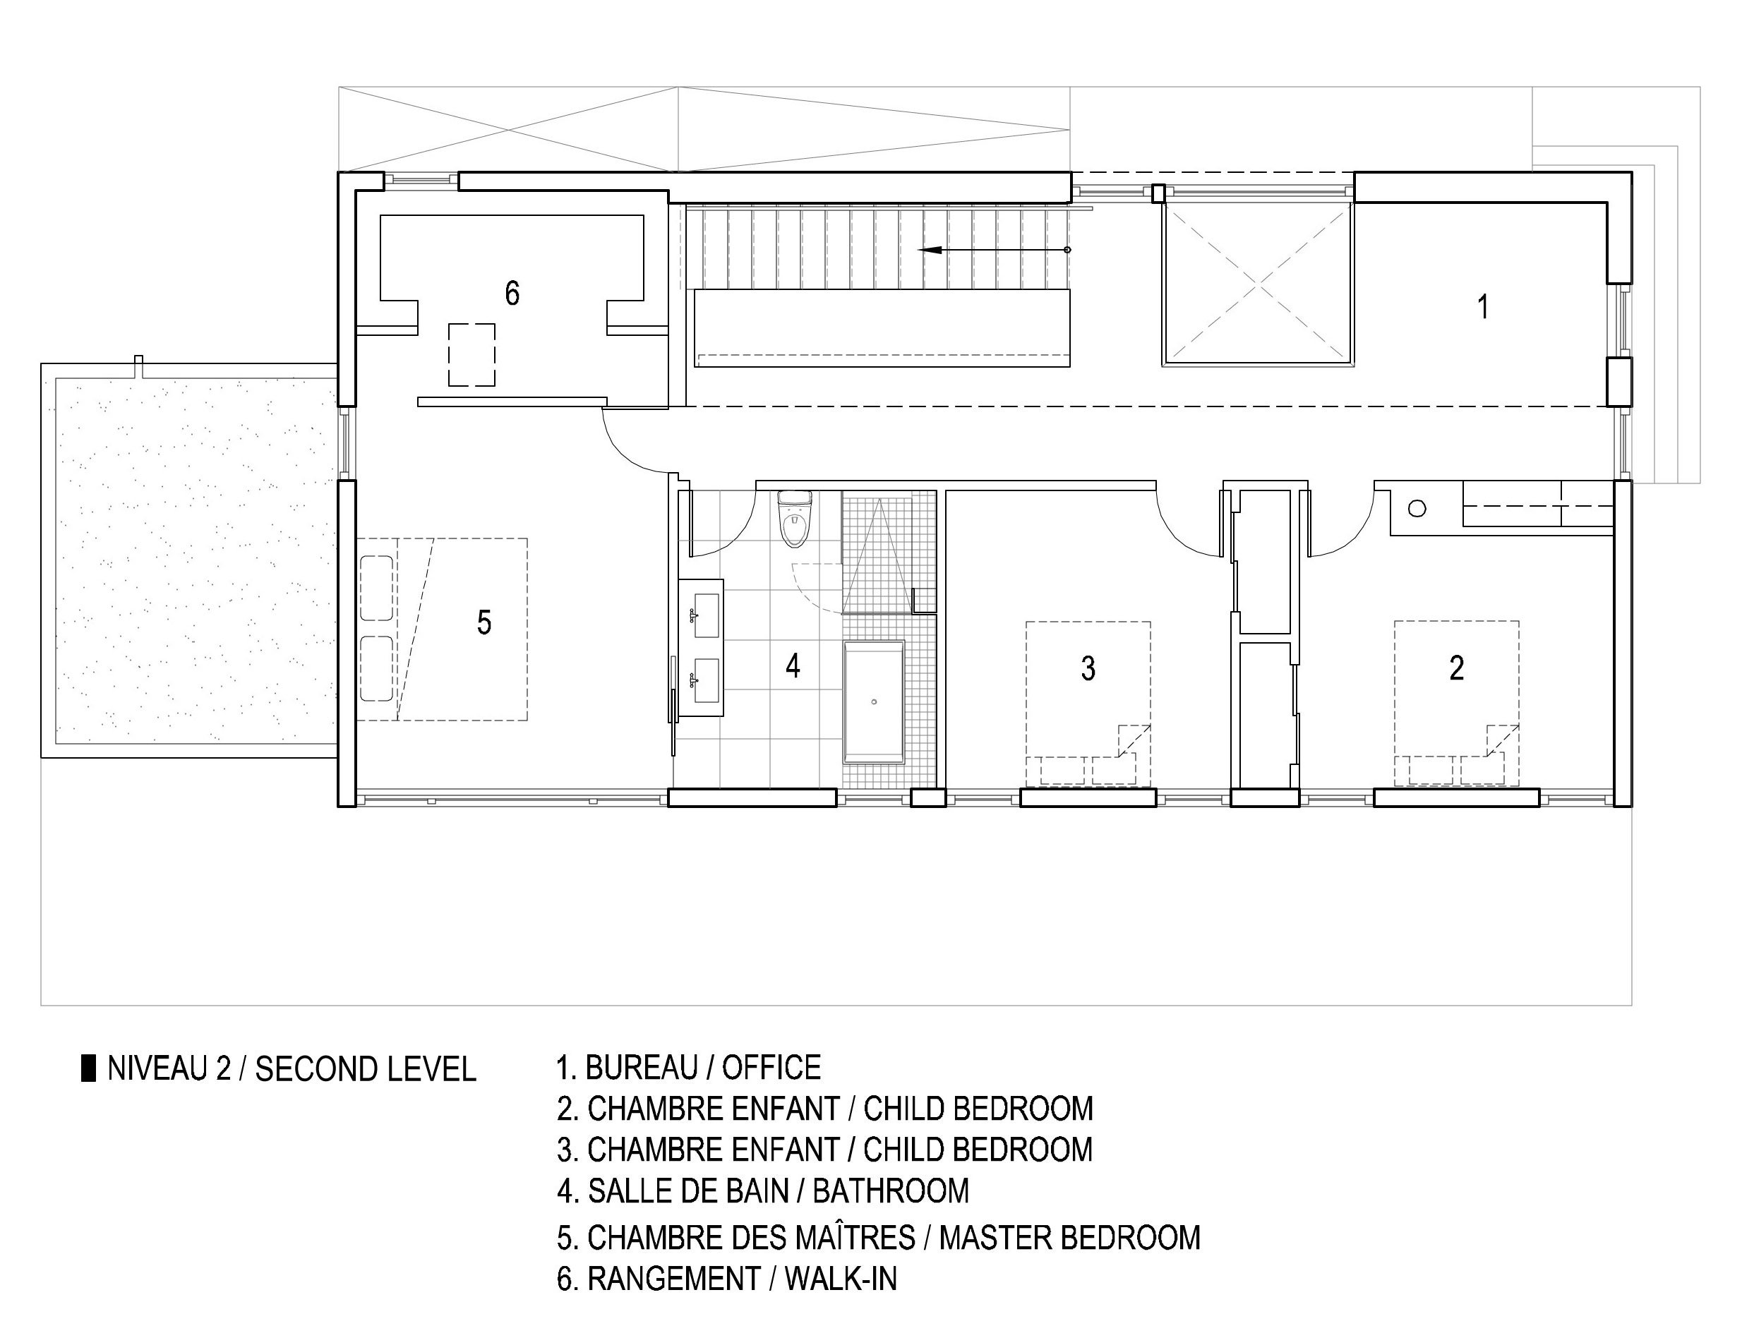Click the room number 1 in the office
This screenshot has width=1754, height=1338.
pos(1482,306)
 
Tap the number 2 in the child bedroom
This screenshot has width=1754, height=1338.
pos(1456,668)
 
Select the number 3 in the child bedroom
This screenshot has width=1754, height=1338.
pos(1088,668)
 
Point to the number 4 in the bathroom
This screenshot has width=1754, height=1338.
pos(793,665)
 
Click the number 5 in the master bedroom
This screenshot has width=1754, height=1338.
pos(483,622)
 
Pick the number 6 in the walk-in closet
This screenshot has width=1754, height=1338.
pos(512,293)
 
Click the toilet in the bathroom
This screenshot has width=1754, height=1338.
pos(794,519)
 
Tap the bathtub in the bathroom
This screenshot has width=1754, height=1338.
pos(874,701)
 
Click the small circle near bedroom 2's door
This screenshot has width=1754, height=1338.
pos(1417,508)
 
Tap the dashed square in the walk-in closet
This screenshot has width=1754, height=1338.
pos(471,354)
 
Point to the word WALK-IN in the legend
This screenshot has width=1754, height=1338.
pos(841,1279)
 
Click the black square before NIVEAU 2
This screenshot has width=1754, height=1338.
pos(88,1068)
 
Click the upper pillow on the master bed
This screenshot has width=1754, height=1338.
pos(376,588)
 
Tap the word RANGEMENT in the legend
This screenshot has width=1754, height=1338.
pos(674,1279)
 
